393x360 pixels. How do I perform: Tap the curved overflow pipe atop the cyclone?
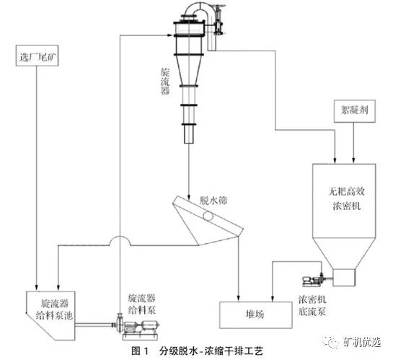click(201, 9)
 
